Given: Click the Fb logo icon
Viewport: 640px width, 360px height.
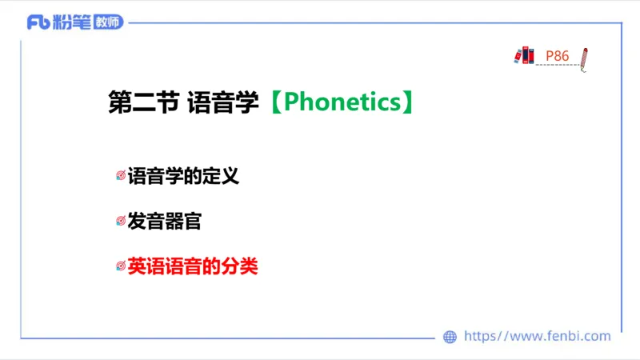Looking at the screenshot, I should [x=38, y=22].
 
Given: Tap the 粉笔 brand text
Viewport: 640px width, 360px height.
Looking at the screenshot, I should [x=71, y=22].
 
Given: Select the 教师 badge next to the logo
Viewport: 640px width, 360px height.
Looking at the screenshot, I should [x=108, y=22].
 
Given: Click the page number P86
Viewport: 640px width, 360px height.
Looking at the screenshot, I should [x=557, y=56].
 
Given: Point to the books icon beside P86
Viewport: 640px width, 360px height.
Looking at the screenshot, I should [x=524, y=55].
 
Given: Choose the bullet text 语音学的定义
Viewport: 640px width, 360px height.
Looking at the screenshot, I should [x=183, y=176].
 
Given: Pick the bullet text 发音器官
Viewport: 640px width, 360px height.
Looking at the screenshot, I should [x=164, y=221].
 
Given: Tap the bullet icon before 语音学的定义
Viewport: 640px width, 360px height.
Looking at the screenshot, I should [x=121, y=176].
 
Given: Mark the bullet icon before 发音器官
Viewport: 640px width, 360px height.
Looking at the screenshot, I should [x=121, y=221].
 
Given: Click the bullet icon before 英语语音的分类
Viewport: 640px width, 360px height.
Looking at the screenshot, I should [x=121, y=266].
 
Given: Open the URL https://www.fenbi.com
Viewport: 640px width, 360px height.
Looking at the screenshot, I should [x=537, y=337].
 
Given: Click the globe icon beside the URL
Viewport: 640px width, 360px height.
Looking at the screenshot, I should [x=450, y=337].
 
